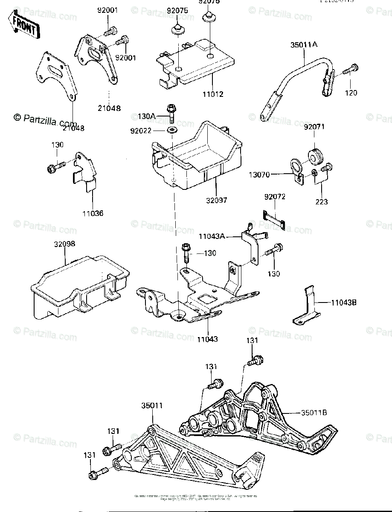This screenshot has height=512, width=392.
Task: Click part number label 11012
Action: coord(213,94)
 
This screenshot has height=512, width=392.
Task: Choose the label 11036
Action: coord(93,212)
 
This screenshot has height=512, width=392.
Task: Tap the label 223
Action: coord(322,202)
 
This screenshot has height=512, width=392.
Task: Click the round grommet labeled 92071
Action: coord(315,156)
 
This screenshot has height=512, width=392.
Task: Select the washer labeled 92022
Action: coord(173,130)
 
